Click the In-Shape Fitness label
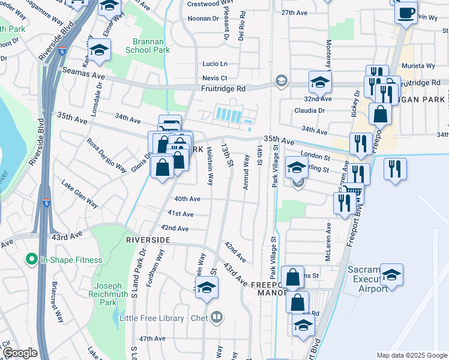(71, 260)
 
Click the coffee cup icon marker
(406, 13)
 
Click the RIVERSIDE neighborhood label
(149, 239)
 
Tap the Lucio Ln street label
(215, 64)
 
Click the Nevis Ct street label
(214, 78)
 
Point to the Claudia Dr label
(309, 110)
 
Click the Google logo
(19, 353)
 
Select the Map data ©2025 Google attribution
(412, 355)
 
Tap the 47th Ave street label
(152, 339)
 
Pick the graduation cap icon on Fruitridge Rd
(320, 81)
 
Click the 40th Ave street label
(187, 199)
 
